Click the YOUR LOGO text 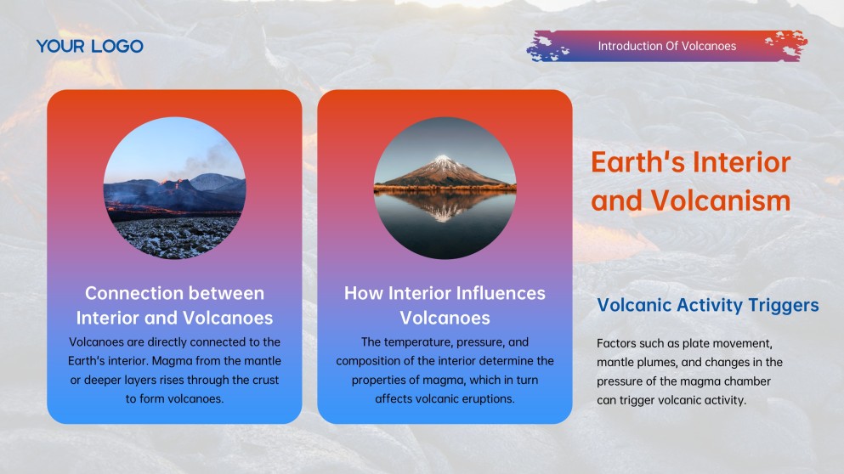(x=89, y=47)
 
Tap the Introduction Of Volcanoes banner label (x=666, y=46)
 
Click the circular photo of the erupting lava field (x=174, y=189)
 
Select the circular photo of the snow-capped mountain (x=445, y=188)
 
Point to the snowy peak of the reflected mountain (x=443, y=160)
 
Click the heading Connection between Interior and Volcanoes (x=174, y=306)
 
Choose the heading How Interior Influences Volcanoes (x=445, y=306)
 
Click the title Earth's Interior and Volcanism (x=691, y=182)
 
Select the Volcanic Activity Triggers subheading (x=708, y=305)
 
